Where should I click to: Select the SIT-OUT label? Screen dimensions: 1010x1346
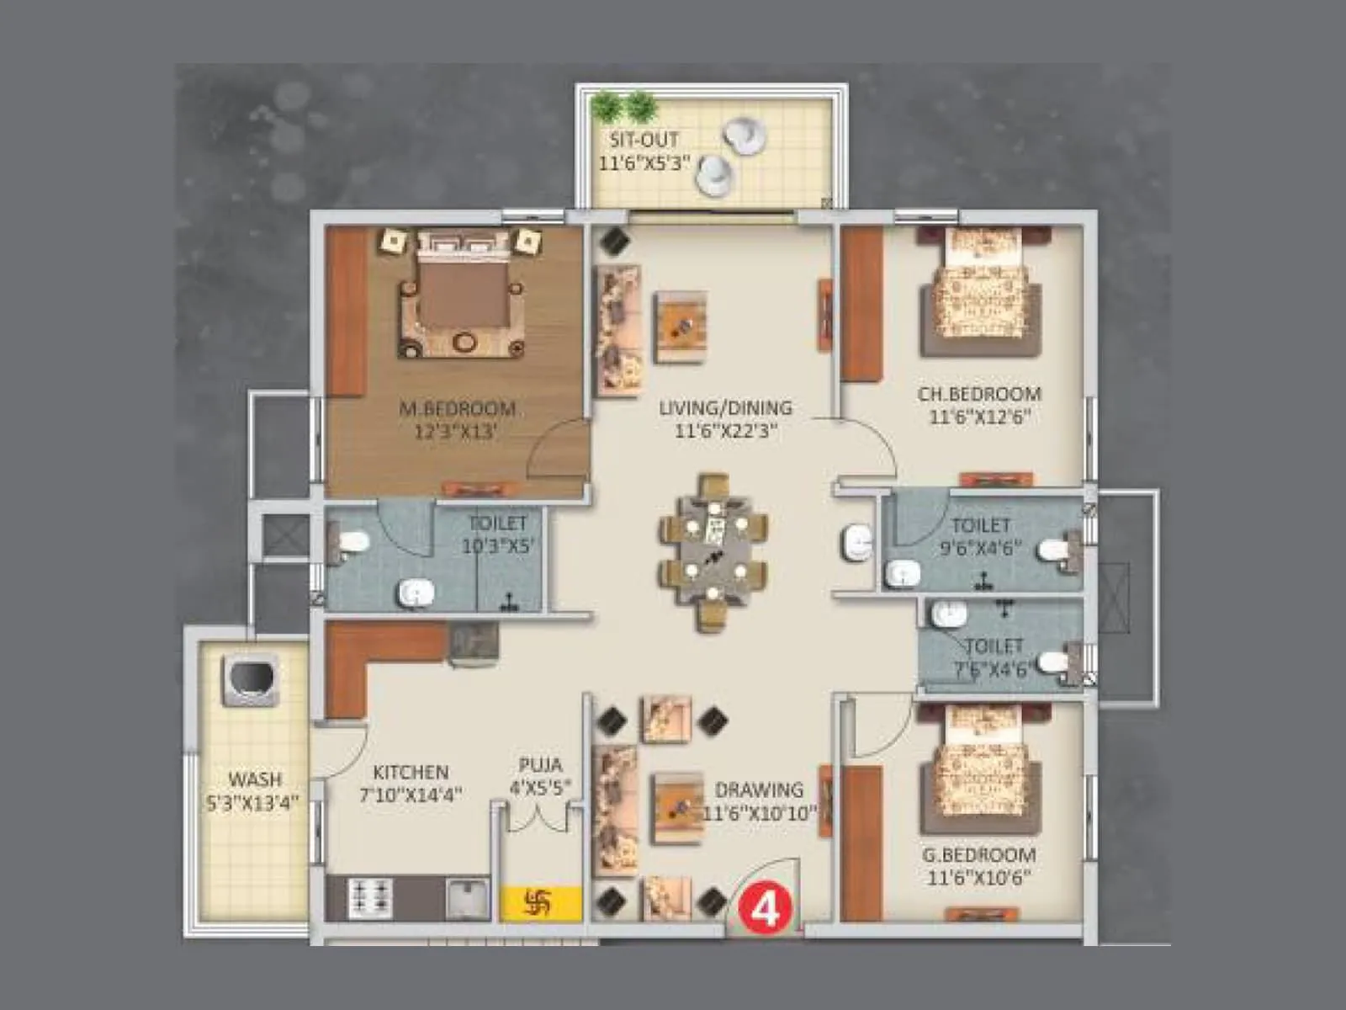[644, 141]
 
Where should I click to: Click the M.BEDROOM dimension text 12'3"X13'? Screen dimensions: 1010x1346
[457, 433]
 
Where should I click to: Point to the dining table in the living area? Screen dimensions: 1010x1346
[713, 551]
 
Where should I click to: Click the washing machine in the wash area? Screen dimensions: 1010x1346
[249, 679]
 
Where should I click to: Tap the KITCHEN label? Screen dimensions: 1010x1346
[411, 772]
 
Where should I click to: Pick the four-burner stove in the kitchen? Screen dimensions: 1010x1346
[371, 897]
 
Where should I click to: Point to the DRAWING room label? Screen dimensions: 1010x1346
[759, 789]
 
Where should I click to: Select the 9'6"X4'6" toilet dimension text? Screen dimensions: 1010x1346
[980, 548]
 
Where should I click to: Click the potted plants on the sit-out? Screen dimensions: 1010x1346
[623, 107]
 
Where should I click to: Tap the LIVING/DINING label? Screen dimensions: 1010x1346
[725, 408]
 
